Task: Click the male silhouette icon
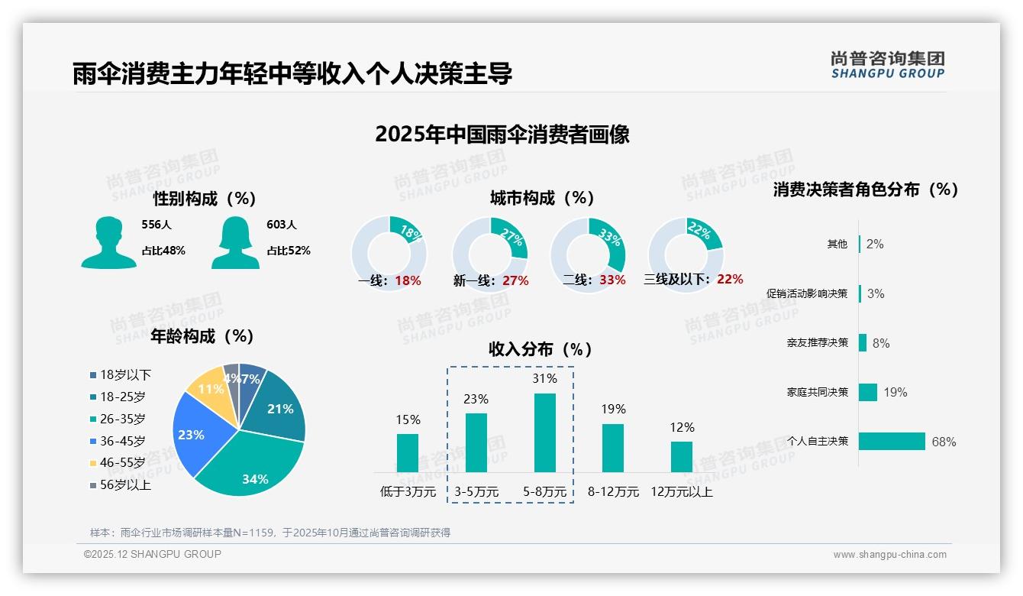click(108, 242)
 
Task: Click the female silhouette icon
click(234, 242)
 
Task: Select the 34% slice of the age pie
click(252, 466)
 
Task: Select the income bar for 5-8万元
click(545, 432)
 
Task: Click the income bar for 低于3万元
click(408, 452)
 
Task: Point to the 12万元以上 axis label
click(681, 492)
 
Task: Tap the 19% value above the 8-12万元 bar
click(613, 409)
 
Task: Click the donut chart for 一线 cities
click(389, 254)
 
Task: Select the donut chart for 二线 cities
click(588, 254)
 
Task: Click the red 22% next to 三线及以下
click(730, 280)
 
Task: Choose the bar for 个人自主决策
click(892, 441)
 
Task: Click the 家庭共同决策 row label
click(817, 392)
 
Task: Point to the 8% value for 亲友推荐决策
click(881, 343)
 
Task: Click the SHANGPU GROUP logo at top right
click(887, 64)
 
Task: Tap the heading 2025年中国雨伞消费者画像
click(502, 134)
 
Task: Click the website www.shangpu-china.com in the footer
click(889, 555)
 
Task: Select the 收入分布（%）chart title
click(541, 349)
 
